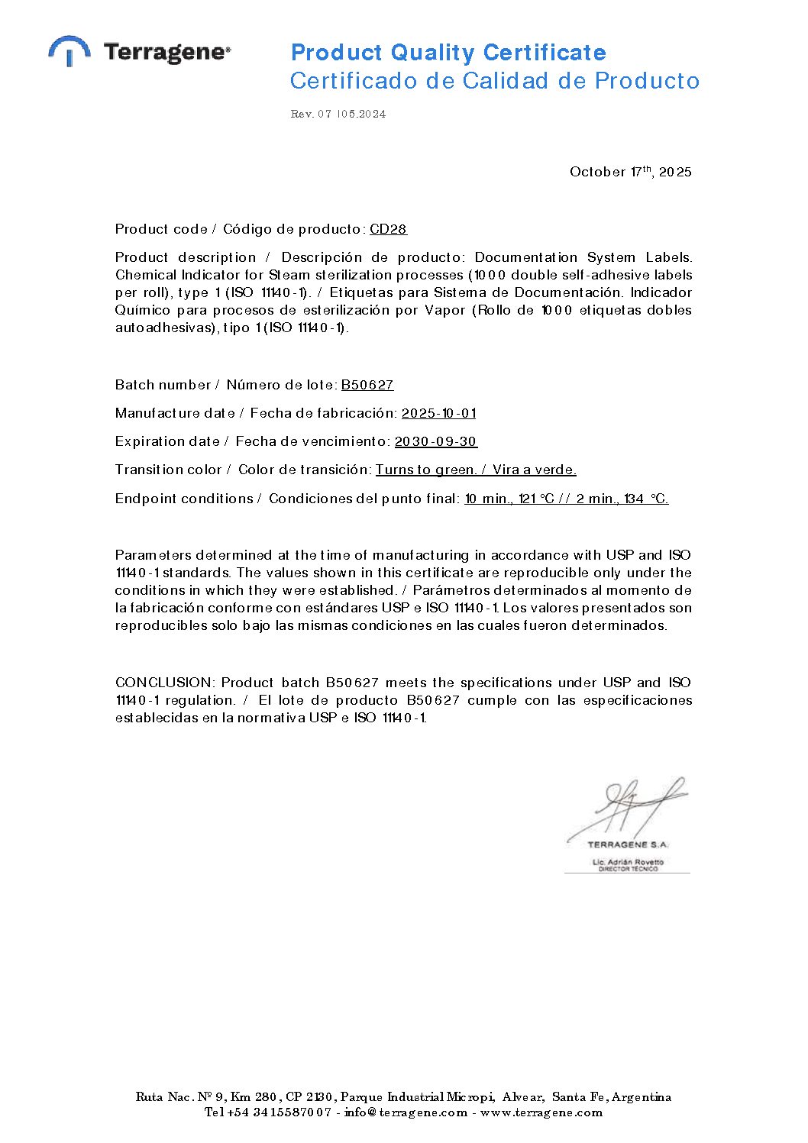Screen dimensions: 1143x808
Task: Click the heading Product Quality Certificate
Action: [x=448, y=53]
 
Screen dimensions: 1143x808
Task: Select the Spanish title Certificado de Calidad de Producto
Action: [x=494, y=81]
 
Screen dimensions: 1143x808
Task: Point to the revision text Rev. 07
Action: [x=312, y=115]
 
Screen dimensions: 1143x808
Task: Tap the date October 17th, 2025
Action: [x=630, y=172]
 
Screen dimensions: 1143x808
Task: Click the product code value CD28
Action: [x=388, y=229]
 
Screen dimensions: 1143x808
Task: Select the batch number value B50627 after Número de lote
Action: [x=367, y=385]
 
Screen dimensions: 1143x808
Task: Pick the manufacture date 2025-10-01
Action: [x=438, y=413]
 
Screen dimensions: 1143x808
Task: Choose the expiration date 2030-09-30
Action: [x=435, y=441]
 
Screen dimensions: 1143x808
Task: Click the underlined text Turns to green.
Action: [x=426, y=470]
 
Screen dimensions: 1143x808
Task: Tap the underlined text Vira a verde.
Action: [x=534, y=470]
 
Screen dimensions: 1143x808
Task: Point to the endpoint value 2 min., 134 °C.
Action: [x=622, y=499]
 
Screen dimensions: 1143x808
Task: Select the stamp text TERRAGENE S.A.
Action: [x=628, y=844]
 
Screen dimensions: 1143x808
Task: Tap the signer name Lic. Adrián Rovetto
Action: [x=628, y=862]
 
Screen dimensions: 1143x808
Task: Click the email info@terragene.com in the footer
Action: [x=406, y=1112]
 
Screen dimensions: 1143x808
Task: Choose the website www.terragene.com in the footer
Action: [x=541, y=1112]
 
